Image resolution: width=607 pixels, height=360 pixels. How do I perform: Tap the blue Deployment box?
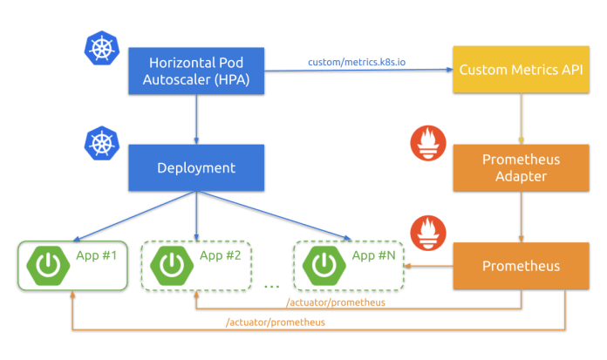(196, 167)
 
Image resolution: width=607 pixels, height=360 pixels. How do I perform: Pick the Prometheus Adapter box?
(522, 167)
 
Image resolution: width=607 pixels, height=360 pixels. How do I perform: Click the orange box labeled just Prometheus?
(522, 265)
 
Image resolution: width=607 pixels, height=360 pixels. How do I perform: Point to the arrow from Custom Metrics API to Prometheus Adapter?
(522, 119)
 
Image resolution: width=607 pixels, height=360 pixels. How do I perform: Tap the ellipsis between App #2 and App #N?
(270, 285)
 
